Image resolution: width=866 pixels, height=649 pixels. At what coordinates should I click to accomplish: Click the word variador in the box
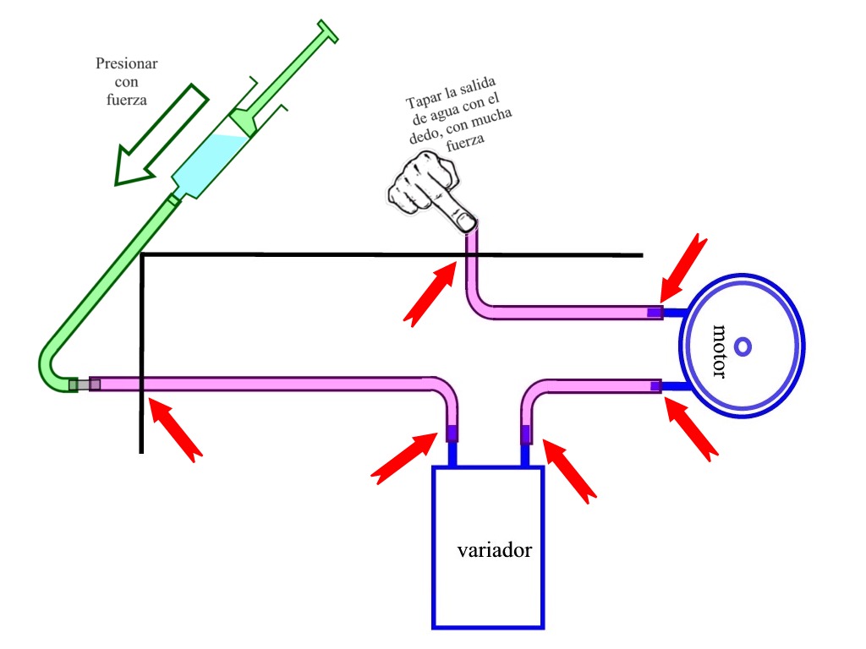point(494,550)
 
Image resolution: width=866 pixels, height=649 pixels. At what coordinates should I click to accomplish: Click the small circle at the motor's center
point(743,346)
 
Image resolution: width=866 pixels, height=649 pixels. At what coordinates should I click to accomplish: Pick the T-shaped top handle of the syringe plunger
point(326,30)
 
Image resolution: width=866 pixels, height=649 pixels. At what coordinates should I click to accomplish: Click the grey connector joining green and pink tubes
point(85,385)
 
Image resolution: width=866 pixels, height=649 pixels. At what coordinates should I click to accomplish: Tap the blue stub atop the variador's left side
point(452,454)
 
